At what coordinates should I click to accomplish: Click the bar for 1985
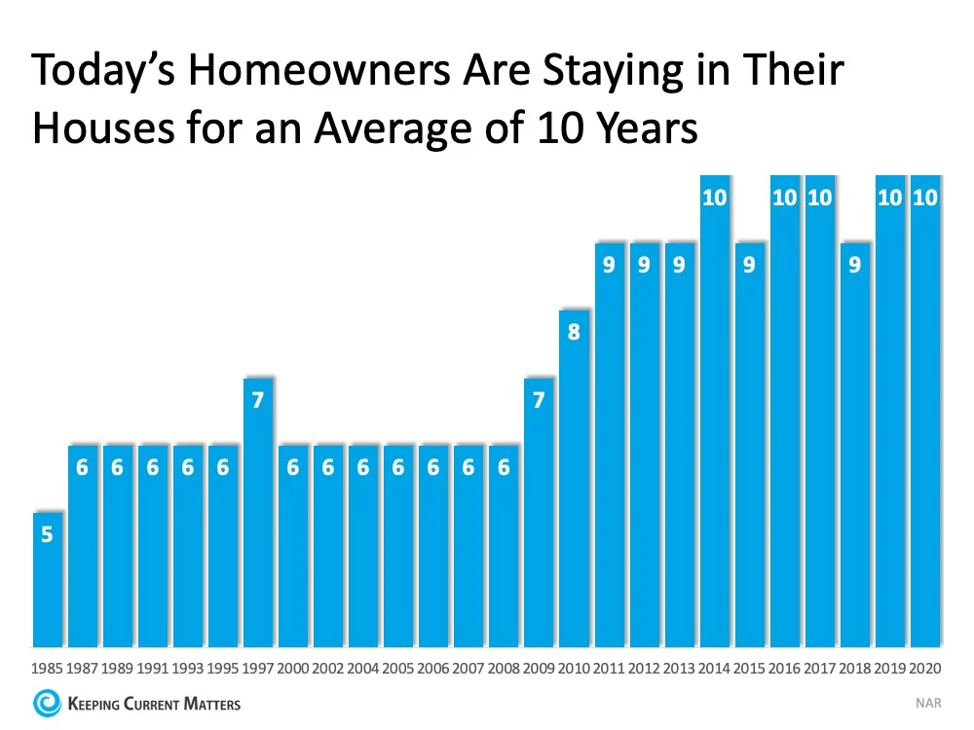(47, 579)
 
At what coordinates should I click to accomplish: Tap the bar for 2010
(574, 477)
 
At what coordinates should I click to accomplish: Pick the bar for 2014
(714, 409)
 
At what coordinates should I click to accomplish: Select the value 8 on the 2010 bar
(574, 332)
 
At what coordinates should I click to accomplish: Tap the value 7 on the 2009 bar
(539, 399)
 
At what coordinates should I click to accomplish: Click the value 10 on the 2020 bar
(924, 198)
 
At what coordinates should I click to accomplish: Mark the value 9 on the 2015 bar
(749, 264)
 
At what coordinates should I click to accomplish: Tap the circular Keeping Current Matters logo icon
(46, 703)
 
